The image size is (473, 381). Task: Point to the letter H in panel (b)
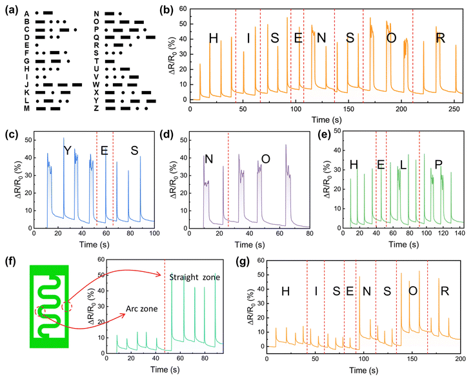pos(214,39)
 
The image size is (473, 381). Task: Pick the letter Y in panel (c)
pos(67,150)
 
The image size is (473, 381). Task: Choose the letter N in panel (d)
pos(208,160)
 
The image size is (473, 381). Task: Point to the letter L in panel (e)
pos(403,165)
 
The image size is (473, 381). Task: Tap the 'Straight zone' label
pos(195,277)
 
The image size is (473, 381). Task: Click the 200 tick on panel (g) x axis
pos(459,358)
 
